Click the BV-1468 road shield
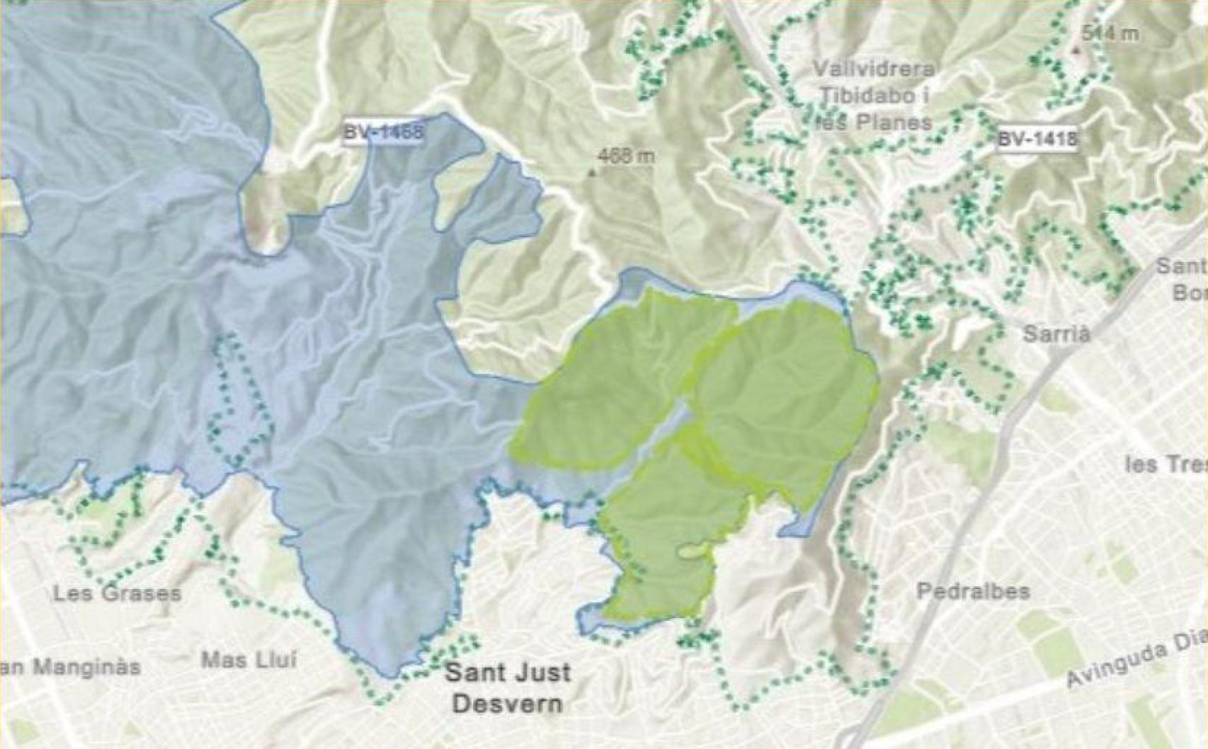[x=383, y=132]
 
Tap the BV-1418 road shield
[x=1037, y=139]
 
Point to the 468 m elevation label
[x=626, y=156]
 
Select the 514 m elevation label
[x=1110, y=33]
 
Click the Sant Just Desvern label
[x=507, y=687]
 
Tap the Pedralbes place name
[x=973, y=591]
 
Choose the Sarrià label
[x=1056, y=334]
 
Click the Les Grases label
[x=117, y=593]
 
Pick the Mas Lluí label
[x=249, y=661]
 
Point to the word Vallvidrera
[x=873, y=69]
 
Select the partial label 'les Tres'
[x=1165, y=464]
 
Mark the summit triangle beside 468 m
[x=593, y=171]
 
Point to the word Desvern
[x=507, y=704]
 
